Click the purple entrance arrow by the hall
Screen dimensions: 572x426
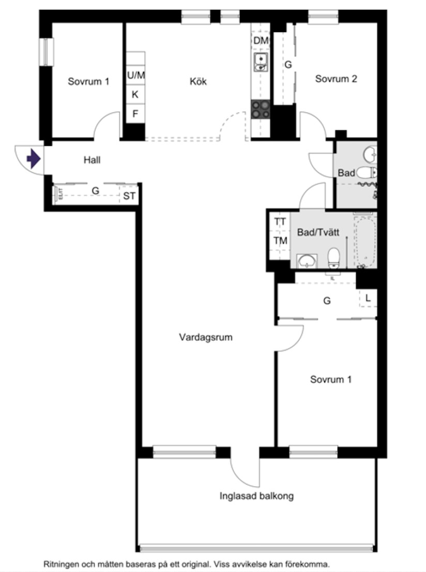[34, 158]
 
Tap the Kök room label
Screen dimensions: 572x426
[198, 81]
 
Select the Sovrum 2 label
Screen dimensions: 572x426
[336, 79]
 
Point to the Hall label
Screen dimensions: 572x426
[92, 160]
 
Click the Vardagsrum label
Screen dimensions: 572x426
[206, 337]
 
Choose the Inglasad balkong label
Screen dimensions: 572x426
[256, 496]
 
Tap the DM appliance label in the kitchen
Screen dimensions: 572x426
[261, 40]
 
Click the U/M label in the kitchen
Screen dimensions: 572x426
[136, 76]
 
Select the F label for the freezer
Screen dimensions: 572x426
[135, 114]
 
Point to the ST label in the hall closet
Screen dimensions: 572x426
[129, 195]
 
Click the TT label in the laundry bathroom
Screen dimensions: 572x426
[280, 222]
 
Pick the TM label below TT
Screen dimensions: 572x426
[280, 240]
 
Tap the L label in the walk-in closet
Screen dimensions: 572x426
[368, 298]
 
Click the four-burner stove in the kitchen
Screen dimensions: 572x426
[261, 110]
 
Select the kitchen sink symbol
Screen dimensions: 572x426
[261, 62]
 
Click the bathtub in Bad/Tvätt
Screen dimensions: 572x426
[366, 240]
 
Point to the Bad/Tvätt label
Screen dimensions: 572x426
[318, 233]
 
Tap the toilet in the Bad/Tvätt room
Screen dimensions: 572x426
[334, 257]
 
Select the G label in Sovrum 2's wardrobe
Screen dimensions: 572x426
[288, 65]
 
